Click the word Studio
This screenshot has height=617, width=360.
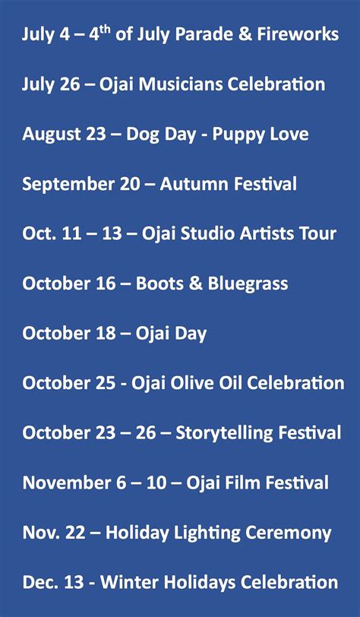[x=200, y=234]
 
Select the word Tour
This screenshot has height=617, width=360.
[x=318, y=234]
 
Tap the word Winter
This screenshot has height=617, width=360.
[x=127, y=583]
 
